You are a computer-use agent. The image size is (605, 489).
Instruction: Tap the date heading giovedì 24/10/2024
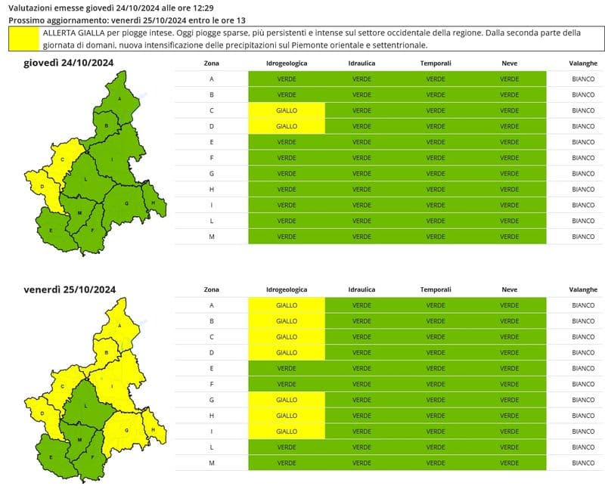69,63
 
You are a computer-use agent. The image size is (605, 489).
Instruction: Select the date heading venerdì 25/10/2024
69,289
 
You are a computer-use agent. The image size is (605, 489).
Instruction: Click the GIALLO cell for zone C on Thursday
287,110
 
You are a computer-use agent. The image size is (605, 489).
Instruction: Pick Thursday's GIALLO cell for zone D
287,126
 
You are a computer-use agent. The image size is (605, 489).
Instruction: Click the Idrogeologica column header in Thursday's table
287,63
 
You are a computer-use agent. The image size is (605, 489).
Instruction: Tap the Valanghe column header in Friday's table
583,289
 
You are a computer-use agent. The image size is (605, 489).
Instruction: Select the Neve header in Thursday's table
509,63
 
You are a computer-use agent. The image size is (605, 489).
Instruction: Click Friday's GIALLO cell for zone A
287,305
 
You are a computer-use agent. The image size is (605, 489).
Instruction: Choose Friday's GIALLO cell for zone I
287,432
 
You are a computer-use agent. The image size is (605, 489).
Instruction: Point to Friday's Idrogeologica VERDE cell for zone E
287,368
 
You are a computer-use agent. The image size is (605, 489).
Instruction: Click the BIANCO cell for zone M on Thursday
583,237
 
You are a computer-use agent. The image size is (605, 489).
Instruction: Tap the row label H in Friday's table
212,416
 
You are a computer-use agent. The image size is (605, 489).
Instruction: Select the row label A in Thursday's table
212,79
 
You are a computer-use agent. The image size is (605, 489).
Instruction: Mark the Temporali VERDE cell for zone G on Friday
435,400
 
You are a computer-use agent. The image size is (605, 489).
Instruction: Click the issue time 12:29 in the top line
195,8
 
